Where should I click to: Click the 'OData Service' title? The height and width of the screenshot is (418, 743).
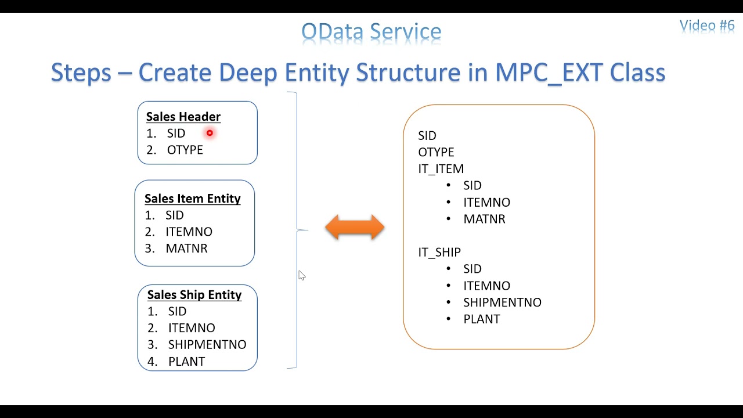pos(371,32)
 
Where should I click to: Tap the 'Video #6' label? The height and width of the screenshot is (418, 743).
pos(706,26)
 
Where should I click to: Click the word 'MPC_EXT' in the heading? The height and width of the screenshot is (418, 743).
pos(549,73)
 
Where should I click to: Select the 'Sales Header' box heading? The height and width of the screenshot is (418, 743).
pos(183,117)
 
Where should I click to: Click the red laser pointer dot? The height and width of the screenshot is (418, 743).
pos(210,133)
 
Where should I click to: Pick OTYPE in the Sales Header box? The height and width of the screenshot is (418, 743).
pos(185,150)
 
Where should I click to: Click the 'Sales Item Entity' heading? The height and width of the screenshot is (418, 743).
pos(192,199)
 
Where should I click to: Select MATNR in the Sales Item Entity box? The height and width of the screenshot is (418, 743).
pos(186,248)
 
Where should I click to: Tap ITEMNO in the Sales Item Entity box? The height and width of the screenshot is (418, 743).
pos(189,232)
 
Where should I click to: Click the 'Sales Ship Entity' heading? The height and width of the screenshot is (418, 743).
pos(194,295)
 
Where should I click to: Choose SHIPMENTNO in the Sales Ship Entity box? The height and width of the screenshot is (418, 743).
pos(207,345)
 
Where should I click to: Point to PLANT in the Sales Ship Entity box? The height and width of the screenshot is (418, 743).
pos(186,362)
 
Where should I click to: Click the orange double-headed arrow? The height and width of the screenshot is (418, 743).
pos(355,228)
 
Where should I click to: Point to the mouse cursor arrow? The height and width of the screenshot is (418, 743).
pos(301,276)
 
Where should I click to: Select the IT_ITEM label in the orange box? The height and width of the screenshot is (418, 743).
pos(441,169)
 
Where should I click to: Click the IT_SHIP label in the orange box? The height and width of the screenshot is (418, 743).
pos(439,253)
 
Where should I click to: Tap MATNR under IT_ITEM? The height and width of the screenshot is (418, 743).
pos(484,219)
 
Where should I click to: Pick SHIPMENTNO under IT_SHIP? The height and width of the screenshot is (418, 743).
pos(502,302)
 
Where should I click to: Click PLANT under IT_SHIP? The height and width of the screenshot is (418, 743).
pos(481,319)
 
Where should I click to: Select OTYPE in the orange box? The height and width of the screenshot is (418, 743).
pos(436,152)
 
